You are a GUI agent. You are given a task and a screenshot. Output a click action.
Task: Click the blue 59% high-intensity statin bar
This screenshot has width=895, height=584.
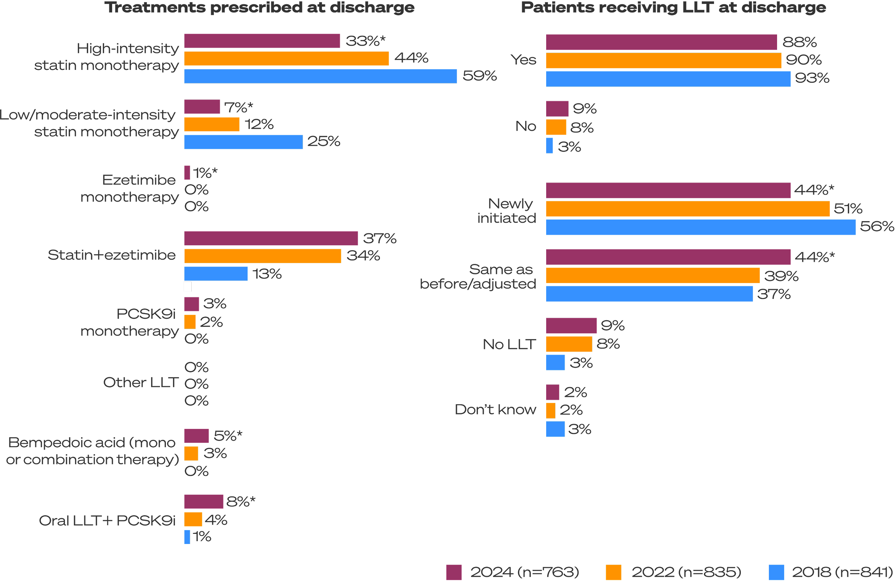click(x=320, y=76)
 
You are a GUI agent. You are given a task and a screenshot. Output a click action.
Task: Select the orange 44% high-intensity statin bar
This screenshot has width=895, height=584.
click(x=287, y=59)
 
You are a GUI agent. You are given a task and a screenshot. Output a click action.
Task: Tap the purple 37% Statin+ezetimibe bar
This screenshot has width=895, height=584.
click(x=271, y=238)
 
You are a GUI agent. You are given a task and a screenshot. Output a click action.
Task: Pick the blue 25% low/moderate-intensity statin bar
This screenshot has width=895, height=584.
click(x=243, y=142)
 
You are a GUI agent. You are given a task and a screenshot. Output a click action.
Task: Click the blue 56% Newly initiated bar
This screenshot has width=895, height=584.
click(x=701, y=227)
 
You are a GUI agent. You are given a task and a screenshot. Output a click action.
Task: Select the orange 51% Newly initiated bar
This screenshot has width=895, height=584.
click(x=688, y=209)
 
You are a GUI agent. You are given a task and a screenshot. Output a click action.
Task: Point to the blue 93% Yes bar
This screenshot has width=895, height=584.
click(x=668, y=79)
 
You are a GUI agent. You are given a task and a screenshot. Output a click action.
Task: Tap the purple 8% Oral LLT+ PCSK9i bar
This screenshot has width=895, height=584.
click(x=204, y=502)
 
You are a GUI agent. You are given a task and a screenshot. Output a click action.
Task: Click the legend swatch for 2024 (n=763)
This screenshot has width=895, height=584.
click(x=454, y=572)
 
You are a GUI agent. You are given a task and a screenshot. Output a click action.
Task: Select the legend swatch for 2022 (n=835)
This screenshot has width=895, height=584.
click(x=614, y=572)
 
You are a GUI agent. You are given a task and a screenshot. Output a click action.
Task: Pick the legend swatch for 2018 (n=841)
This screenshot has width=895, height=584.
click(x=777, y=572)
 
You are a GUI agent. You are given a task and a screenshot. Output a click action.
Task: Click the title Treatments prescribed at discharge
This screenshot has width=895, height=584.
click(x=259, y=8)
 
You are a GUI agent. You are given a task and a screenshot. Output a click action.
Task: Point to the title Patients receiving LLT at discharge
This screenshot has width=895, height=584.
click(x=673, y=8)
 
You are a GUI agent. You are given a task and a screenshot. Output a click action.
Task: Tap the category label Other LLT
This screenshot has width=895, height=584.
click(x=141, y=383)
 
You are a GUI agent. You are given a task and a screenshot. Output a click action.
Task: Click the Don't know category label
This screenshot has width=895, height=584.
click(x=495, y=409)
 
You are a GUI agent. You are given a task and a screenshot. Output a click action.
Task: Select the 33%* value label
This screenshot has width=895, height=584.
click(x=365, y=40)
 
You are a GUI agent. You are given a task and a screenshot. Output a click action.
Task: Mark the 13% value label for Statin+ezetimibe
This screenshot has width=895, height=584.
click(x=267, y=274)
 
